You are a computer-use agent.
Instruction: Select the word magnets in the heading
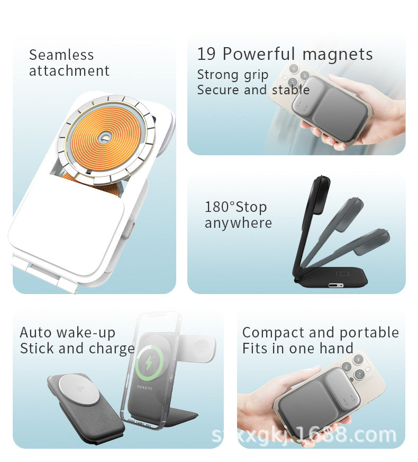pyautogui.click(x=338, y=54)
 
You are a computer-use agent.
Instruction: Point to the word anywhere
pyautogui.click(x=238, y=223)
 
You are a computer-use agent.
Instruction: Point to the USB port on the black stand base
pyautogui.click(x=335, y=285)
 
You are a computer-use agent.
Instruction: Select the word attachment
pyautogui.click(x=69, y=71)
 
